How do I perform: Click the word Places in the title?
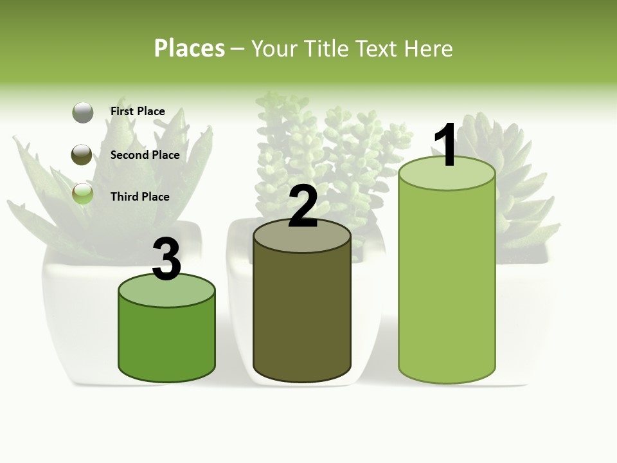point(190,48)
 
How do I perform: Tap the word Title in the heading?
point(326,48)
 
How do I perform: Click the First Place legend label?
point(138,111)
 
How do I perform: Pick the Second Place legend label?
point(145,154)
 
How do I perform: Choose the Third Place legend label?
point(139,197)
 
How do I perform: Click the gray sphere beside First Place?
point(83,113)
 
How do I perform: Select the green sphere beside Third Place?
point(83,194)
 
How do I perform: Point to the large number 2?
point(303,206)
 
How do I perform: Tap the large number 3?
point(166,259)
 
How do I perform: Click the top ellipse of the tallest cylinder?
point(447,173)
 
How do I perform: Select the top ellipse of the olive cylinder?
point(302,236)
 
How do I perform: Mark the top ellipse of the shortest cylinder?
point(167,291)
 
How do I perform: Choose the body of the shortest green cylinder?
point(167,341)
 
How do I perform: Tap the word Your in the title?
point(274,48)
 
